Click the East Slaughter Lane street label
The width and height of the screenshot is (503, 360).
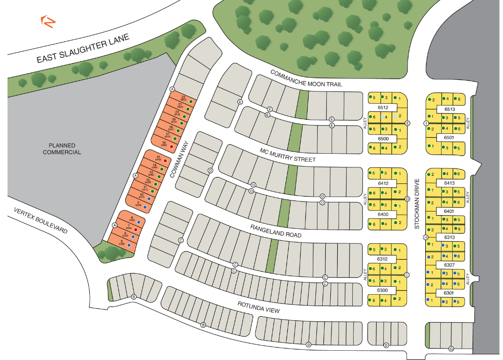click(x=83, y=49)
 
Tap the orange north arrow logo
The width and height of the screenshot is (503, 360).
click(x=48, y=21)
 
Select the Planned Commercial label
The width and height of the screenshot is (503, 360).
click(x=62, y=149)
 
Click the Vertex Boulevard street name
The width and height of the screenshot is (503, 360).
click(x=40, y=221)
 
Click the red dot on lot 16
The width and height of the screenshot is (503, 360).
click(x=171, y=147)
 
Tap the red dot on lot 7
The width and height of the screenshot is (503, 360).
click(x=136, y=230)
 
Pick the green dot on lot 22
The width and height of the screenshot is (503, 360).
click(x=191, y=101)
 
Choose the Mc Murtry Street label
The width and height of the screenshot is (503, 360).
click(x=288, y=155)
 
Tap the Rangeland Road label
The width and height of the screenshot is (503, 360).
click(x=276, y=231)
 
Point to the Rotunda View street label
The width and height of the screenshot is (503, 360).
click(x=259, y=307)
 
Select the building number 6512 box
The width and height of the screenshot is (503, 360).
click(x=383, y=107)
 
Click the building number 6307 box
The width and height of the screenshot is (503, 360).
click(x=449, y=265)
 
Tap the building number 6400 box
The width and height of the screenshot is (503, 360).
click(x=383, y=214)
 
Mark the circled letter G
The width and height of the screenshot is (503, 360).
click(x=451, y=348)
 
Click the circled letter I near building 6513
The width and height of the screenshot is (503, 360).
click(x=427, y=123)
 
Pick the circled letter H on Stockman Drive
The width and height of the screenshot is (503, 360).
click(x=426, y=238)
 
